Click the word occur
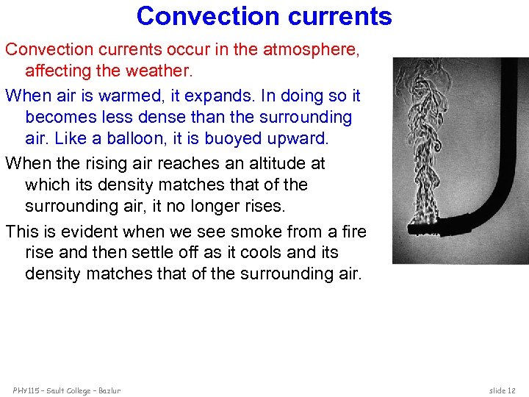point(190,49)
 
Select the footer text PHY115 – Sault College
point(66,390)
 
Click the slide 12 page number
point(503,390)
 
